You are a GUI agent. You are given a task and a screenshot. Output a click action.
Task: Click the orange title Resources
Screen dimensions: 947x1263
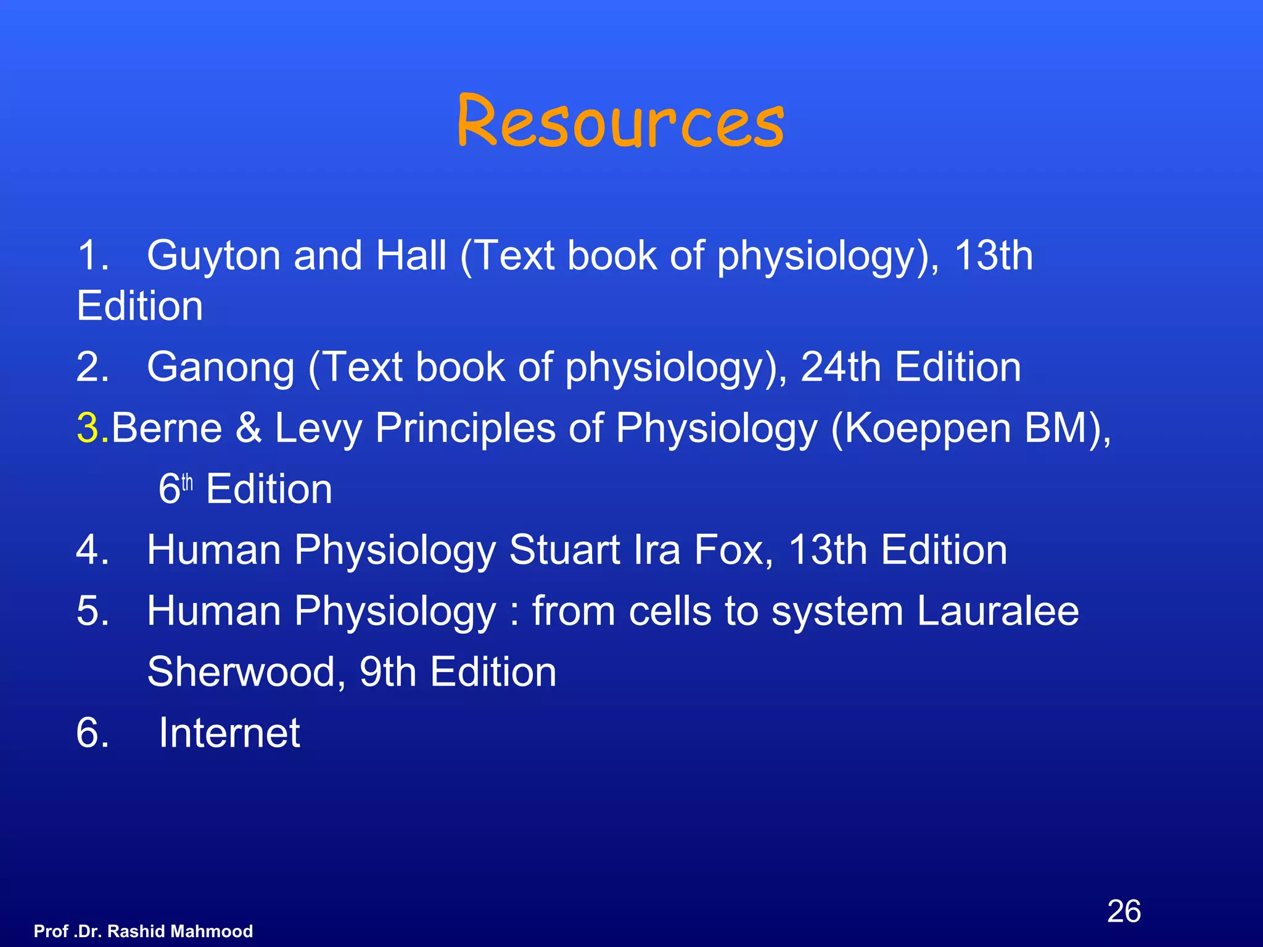pyautogui.click(x=620, y=121)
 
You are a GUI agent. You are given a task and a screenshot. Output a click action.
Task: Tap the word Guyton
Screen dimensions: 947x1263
pyautogui.click(x=213, y=256)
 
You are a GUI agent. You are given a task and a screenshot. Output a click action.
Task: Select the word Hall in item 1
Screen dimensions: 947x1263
pyautogui.click(x=411, y=256)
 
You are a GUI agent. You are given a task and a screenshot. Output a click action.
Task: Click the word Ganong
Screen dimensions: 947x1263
pyautogui.click(x=221, y=367)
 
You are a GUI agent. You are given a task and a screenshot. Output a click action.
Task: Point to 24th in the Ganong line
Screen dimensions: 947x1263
pyautogui.click(x=841, y=367)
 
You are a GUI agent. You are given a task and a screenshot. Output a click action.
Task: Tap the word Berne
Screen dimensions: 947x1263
pyautogui.click(x=167, y=428)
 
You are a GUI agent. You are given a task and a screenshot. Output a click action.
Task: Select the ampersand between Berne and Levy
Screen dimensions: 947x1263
pyautogui.click(x=249, y=428)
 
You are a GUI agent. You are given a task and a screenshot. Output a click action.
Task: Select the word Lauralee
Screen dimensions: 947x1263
pyautogui.click(x=997, y=611)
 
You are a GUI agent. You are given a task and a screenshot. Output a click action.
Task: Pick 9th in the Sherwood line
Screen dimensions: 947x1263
pyautogui.click(x=387, y=672)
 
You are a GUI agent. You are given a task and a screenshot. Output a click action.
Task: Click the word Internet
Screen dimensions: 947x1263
pyautogui.click(x=229, y=733)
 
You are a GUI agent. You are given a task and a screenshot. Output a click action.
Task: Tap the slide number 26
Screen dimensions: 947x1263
pyautogui.click(x=1124, y=911)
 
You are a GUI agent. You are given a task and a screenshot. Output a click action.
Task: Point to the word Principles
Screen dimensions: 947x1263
pyautogui.click(x=465, y=428)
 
